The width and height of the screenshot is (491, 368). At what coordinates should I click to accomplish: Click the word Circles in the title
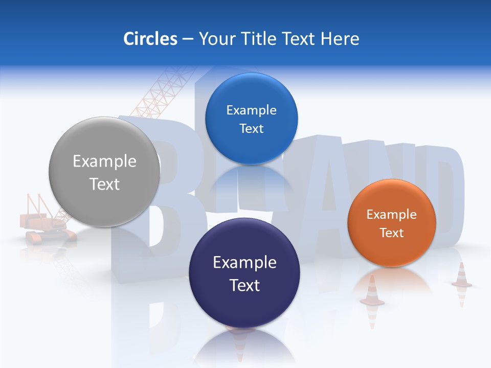pyautogui.click(x=150, y=39)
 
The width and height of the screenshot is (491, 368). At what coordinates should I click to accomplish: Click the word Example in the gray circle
pyautogui.click(x=104, y=161)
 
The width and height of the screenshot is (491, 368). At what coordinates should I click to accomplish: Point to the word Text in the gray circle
pyautogui.click(x=104, y=184)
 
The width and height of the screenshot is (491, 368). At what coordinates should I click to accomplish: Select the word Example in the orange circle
pyautogui.click(x=391, y=215)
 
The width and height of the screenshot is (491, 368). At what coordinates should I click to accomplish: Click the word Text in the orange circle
pyautogui.click(x=392, y=233)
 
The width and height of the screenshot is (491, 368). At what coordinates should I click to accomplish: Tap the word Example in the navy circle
pyautogui.click(x=244, y=262)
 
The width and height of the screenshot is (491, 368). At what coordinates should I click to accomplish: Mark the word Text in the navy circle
pyautogui.click(x=244, y=285)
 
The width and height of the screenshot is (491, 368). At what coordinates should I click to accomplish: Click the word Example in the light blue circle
pyautogui.click(x=251, y=110)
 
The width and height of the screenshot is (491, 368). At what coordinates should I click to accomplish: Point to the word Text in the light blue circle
pyautogui.click(x=251, y=128)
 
